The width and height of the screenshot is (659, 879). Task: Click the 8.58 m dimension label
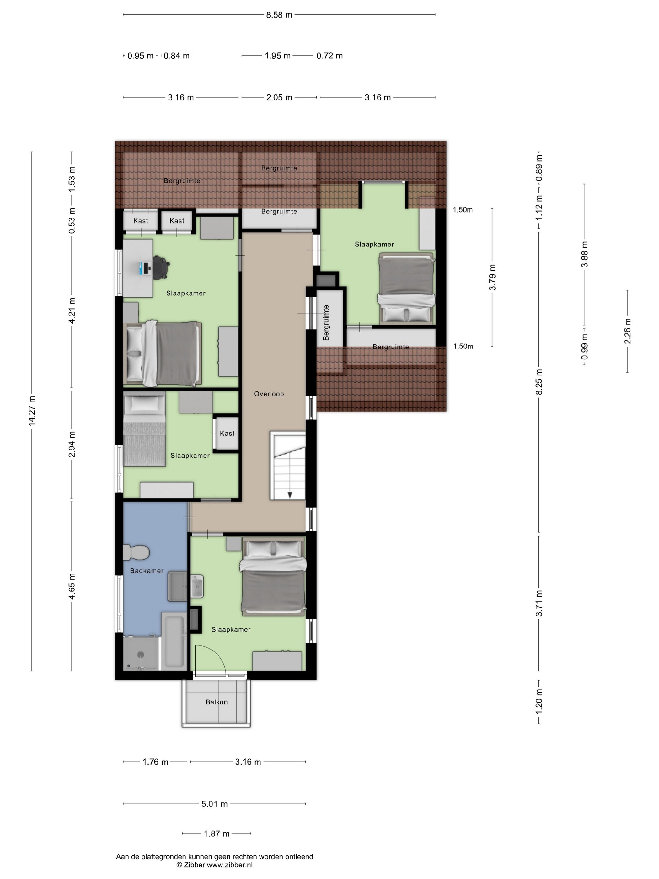tap(279, 15)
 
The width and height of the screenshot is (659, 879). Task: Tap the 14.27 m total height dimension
tap(32, 411)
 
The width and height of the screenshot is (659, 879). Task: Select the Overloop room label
tap(269, 394)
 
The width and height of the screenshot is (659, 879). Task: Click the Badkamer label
tap(147, 571)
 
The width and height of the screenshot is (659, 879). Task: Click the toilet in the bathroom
tap(136, 552)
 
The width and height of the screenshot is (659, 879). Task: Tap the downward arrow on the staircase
tap(290, 495)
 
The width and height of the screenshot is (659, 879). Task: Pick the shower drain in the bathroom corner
tap(141, 655)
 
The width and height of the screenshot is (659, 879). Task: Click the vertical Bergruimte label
tap(326, 322)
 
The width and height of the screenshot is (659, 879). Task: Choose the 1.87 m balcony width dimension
tap(217, 833)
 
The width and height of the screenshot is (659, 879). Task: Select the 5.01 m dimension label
tap(215, 804)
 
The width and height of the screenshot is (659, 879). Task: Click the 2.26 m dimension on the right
tap(628, 331)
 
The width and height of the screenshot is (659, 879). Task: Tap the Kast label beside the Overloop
tap(227, 434)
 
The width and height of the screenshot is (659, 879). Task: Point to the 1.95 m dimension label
tap(278, 56)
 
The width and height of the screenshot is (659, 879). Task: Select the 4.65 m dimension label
tap(72, 586)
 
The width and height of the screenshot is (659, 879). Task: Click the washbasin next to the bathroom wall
tap(197, 586)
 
